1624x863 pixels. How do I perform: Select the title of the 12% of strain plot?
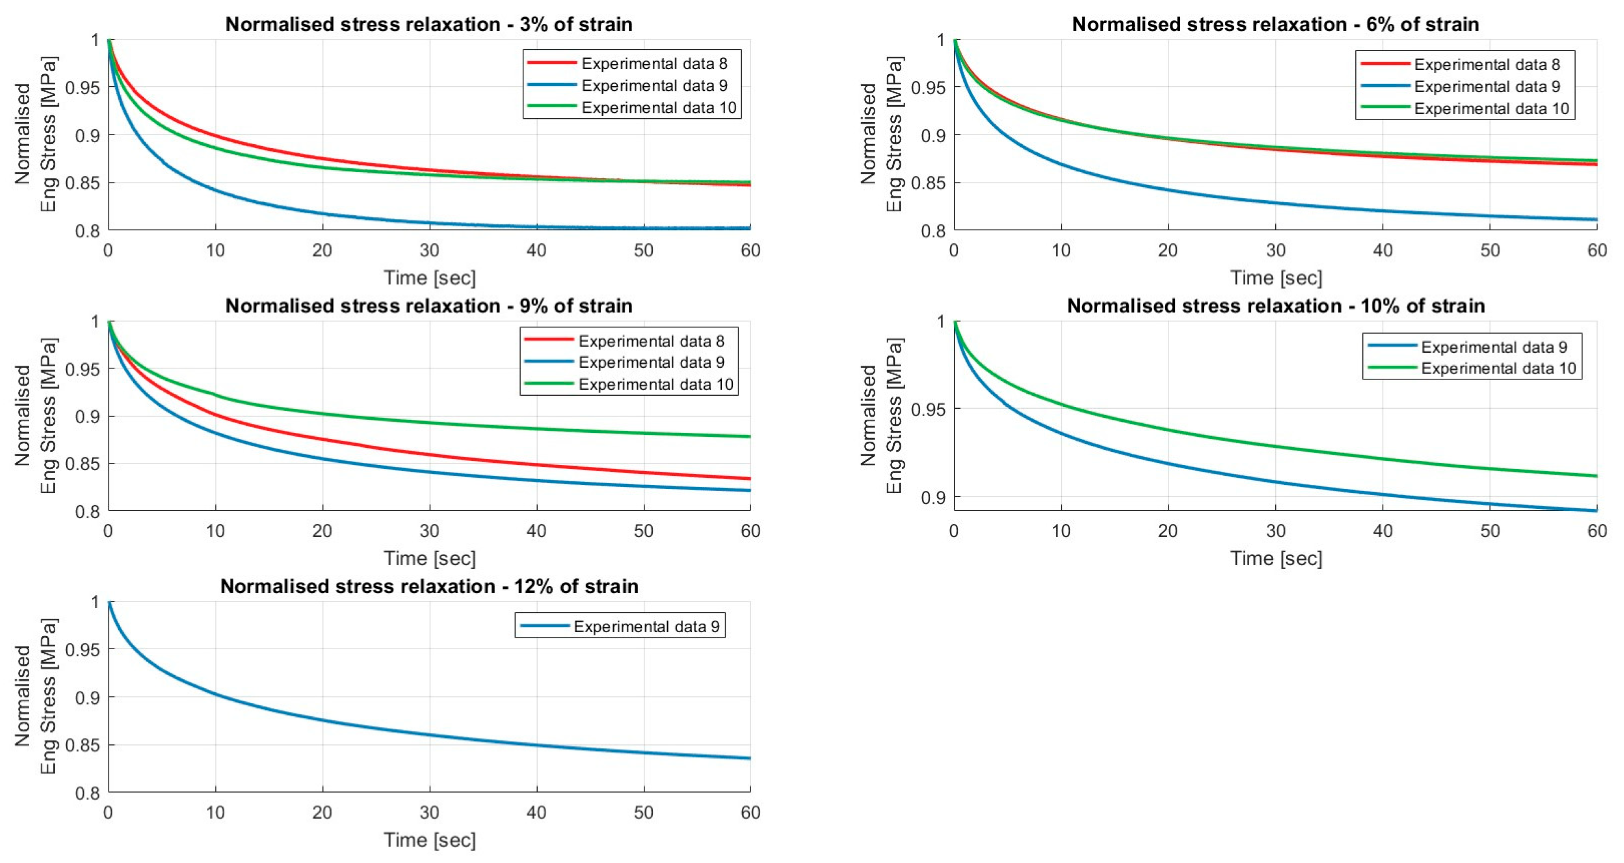[429, 586]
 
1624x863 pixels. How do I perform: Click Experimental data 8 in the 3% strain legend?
[654, 64]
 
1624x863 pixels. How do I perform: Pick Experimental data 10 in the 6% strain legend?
[1492, 108]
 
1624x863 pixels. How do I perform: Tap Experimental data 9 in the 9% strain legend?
[651, 362]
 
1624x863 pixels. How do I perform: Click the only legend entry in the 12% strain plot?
[646, 627]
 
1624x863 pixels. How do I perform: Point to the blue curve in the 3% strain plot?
[216, 189]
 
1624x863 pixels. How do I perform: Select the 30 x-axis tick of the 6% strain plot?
[1275, 250]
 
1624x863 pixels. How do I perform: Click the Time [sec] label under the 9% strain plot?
[429, 559]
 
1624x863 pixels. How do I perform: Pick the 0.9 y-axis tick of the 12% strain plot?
[88, 697]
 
